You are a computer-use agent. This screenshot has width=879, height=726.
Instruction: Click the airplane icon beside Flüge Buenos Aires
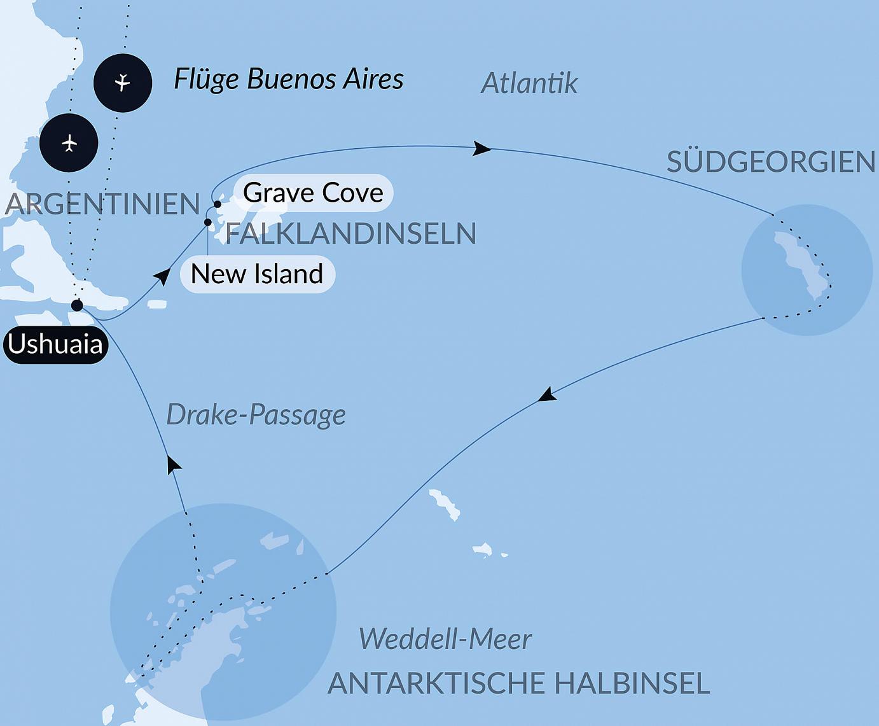(123, 83)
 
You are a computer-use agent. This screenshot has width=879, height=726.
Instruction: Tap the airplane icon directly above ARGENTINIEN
(69, 143)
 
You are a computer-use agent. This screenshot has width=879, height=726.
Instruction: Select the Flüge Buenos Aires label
(289, 80)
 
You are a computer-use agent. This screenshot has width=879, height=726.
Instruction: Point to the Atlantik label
(529, 83)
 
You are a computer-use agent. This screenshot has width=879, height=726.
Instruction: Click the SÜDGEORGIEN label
(771, 162)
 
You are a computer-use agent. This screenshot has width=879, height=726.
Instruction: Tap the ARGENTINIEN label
(102, 204)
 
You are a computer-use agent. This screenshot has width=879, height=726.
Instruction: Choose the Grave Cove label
(313, 193)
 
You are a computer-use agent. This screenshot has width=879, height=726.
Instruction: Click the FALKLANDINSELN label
(351, 234)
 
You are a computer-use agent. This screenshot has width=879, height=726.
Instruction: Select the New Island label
(257, 274)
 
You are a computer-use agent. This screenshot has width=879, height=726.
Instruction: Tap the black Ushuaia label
(55, 344)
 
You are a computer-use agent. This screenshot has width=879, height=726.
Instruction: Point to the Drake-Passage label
(256, 415)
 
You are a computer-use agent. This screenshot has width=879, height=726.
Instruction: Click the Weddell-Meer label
(445, 639)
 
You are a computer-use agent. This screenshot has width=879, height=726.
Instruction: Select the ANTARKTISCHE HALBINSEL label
(518, 683)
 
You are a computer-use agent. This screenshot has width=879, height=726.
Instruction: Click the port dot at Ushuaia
(77, 305)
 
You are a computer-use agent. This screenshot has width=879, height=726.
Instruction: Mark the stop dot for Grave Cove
(218, 204)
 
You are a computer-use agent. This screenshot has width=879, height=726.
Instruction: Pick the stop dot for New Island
(207, 222)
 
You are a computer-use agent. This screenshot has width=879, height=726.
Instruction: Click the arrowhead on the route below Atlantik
(481, 149)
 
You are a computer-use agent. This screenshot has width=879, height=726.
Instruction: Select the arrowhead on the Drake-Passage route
(173, 464)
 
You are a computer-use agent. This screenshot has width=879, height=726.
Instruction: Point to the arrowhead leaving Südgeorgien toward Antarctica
(547, 394)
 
